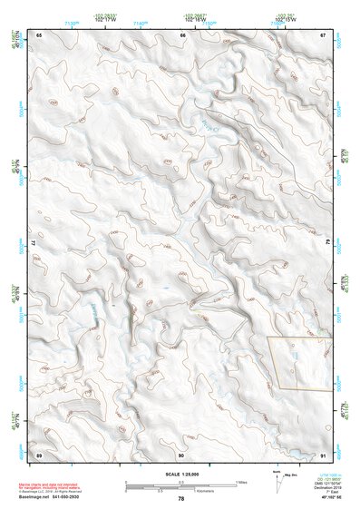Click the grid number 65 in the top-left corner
coord(40,34)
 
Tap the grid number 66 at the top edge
coord(183,34)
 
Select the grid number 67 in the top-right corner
coord(324,34)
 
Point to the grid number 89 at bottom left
coord(39,454)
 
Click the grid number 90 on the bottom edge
coord(181,454)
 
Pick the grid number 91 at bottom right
coord(324,454)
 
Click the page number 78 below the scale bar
coord(181,498)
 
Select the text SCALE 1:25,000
coord(181,475)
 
